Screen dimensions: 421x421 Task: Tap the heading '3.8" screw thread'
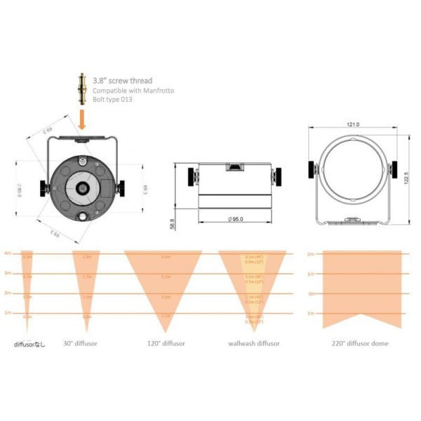point(123,81)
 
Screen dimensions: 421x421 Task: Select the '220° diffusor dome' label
point(359,343)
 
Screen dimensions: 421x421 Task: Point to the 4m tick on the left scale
point(8,253)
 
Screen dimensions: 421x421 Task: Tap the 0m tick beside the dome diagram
point(312,293)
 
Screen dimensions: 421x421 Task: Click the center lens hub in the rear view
point(83,187)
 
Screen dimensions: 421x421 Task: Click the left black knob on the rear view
point(46,186)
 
